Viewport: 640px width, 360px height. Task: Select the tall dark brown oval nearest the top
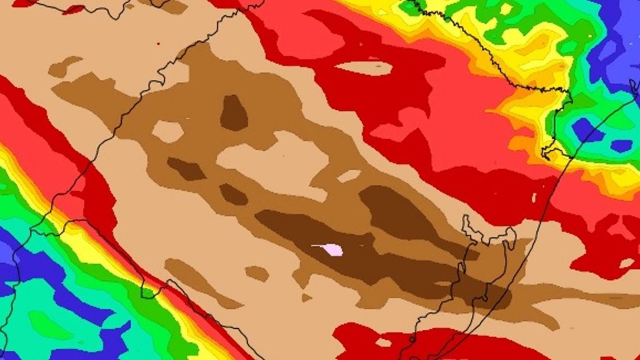tap(234, 113)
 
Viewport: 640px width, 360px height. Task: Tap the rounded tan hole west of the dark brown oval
tap(167, 131)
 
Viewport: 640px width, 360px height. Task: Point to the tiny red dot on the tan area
tap(158, 44)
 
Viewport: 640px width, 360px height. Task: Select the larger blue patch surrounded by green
tap(587, 129)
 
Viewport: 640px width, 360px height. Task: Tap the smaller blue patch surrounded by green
tap(621, 146)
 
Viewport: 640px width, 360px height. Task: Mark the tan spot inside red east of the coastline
tap(626, 263)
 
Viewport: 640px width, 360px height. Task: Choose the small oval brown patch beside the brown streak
tap(256, 273)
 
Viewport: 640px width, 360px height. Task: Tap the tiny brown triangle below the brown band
tap(306, 297)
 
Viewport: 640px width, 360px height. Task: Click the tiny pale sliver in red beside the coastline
tap(534, 197)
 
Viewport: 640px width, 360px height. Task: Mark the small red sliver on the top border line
tap(74, 9)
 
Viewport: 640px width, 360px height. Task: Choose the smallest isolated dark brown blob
tap(232, 194)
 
